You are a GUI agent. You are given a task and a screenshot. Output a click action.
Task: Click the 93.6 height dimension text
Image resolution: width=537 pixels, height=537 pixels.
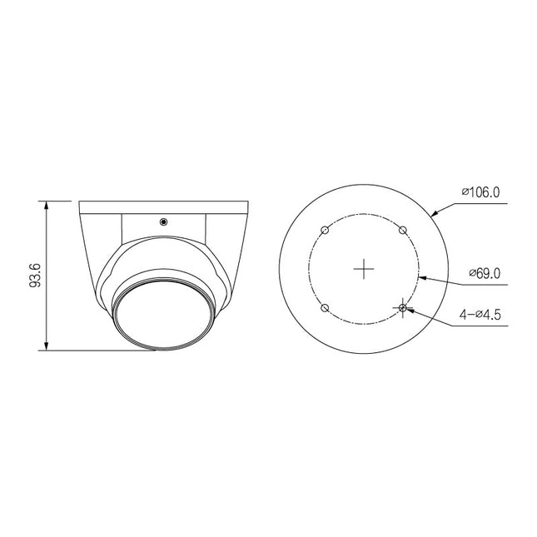click(34, 275)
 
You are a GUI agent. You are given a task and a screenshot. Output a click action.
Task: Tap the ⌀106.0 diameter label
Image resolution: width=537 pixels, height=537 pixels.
click(480, 191)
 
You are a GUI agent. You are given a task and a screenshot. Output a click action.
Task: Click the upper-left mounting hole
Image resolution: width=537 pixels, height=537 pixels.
click(326, 231)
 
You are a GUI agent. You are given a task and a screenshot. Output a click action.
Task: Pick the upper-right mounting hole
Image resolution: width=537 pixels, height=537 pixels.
click(403, 231)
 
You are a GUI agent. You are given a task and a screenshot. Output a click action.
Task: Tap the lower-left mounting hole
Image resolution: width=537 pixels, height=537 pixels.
click(326, 308)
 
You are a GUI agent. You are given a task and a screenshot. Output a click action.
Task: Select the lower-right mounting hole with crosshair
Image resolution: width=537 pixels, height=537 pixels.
click(403, 308)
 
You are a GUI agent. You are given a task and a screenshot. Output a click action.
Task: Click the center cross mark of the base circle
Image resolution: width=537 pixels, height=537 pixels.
click(364, 269)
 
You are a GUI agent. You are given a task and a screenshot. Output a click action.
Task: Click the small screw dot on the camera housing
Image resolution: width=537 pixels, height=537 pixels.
click(163, 221)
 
